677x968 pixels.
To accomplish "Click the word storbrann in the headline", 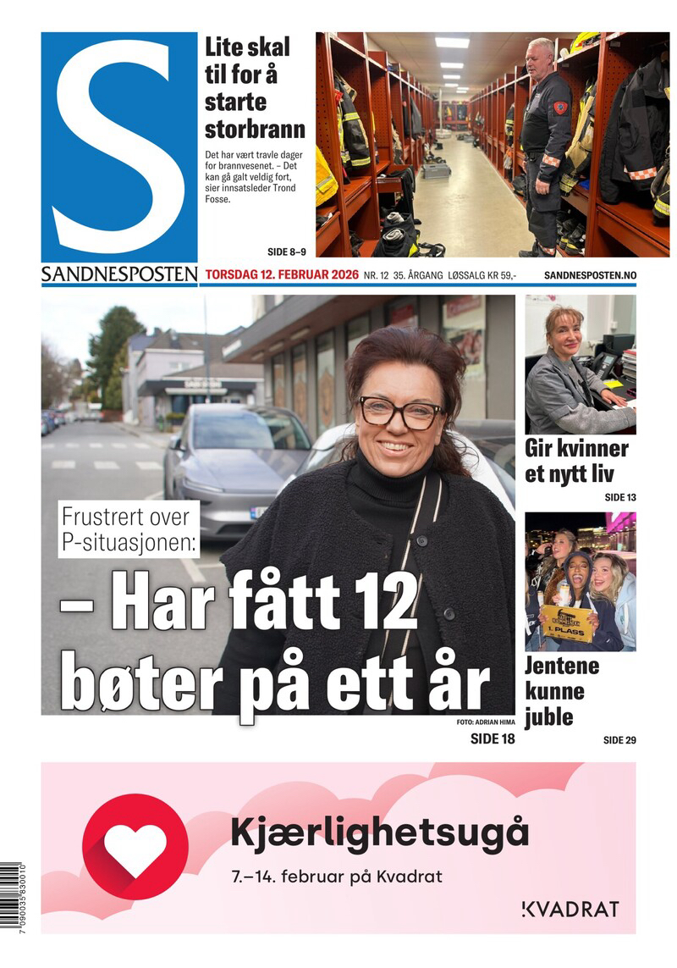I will point(255,130).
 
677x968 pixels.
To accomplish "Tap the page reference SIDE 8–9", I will point(286,252).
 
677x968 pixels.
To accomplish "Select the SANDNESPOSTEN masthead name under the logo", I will point(119,275).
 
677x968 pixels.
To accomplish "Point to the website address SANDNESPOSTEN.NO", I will point(590,275).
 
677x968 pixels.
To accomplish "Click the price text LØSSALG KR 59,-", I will point(476,275).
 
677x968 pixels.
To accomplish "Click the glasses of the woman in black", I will point(400,412).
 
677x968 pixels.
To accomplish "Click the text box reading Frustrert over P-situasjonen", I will point(129,528).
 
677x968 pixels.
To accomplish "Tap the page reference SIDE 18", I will point(492,739).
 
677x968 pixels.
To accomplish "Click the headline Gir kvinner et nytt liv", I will point(576,461).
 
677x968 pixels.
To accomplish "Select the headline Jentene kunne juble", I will point(562,691).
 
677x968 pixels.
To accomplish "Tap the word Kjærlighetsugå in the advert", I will point(379,834).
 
